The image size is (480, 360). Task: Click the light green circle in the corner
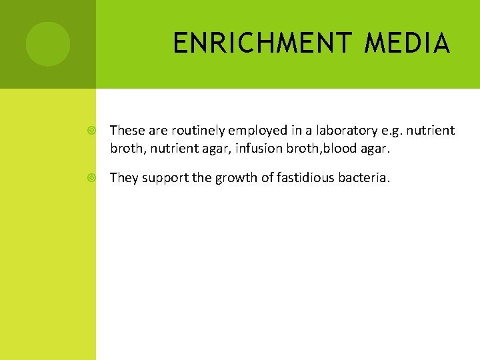coord(47,44)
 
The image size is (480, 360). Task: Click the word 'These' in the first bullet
coord(125,130)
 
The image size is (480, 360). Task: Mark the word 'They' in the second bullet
coord(123,178)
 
